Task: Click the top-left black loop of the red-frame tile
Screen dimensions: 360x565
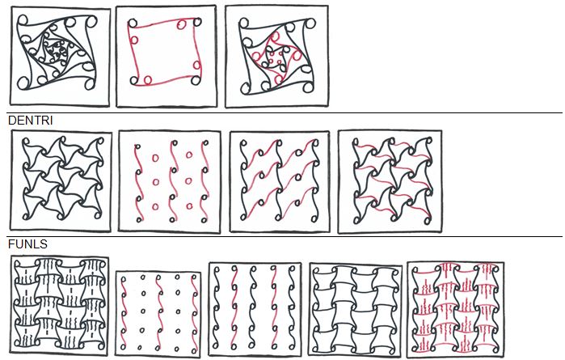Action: point(134,25)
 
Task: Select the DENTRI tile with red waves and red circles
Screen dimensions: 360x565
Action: point(168,180)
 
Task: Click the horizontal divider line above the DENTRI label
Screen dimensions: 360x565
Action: point(282,113)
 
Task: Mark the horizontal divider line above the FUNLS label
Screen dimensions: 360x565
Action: point(282,237)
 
